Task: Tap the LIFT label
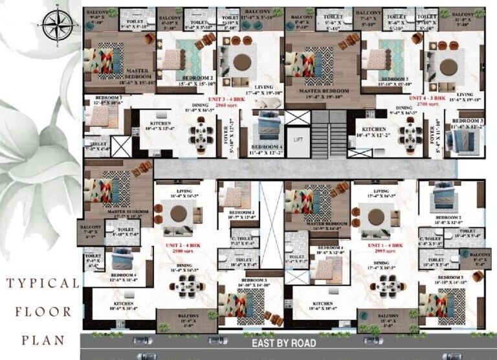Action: click(x=298, y=139)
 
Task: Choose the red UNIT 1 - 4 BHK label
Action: click(x=385, y=247)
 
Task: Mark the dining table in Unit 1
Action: click(x=385, y=284)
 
